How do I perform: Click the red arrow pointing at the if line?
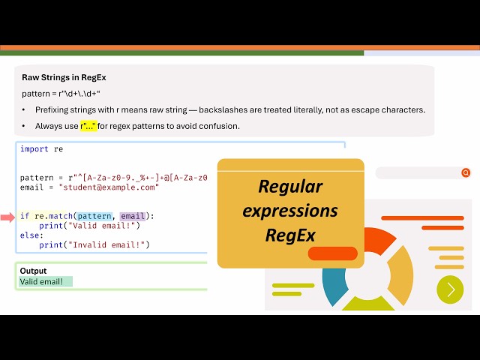tap(7, 217)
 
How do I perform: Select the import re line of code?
tap(41, 149)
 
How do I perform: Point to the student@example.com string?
tap(109, 187)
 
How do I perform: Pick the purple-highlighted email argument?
tap(133, 216)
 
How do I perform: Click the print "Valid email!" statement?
tap(89, 226)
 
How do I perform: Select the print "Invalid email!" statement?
tap(94, 244)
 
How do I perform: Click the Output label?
tap(33, 271)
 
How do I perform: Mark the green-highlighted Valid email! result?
tap(46, 282)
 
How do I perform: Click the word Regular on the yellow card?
tap(290, 187)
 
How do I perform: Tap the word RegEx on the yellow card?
tap(290, 235)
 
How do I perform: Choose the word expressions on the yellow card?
tap(290, 211)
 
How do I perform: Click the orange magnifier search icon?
tap(466, 173)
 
